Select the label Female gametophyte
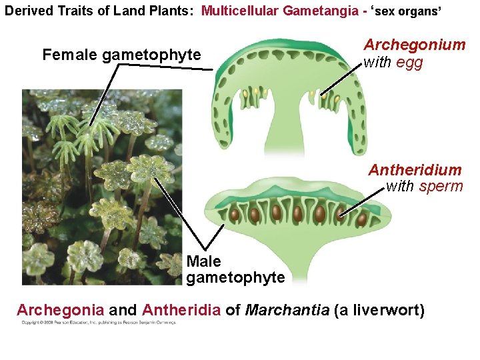tap(121, 55)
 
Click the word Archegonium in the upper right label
tap(414, 45)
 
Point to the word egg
tap(409, 63)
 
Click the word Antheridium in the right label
tap(414, 170)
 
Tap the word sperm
tap(441, 186)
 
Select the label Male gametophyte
tap(235, 269)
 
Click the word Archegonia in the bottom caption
tap(60, 310)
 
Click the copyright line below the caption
tap(98, 323)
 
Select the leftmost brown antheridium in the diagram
tap(235, 215)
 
